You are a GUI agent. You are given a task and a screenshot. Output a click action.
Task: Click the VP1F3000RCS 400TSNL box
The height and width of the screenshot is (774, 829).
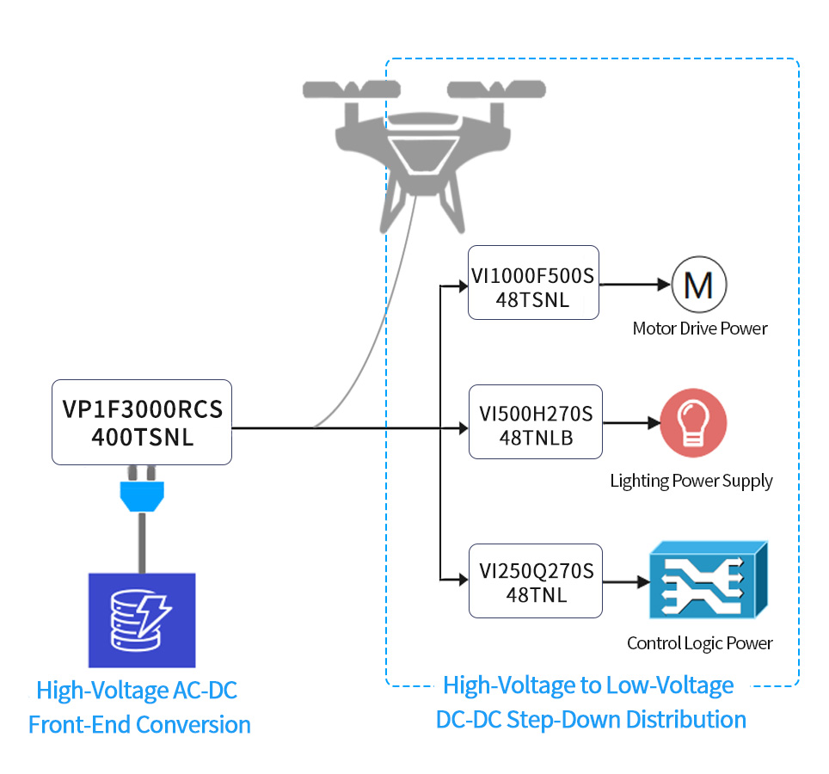(x=142, y=422)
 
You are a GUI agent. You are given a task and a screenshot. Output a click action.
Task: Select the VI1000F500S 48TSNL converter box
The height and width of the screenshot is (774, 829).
(x=533, y=282)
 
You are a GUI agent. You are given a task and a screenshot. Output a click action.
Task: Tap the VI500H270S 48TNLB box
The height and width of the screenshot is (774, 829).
(x=536, y=422)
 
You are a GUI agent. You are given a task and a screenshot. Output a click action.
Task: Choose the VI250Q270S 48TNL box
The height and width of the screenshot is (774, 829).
(x=536, y=580)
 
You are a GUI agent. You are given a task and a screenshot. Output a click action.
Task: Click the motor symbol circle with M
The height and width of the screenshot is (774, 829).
(x=699, y=285)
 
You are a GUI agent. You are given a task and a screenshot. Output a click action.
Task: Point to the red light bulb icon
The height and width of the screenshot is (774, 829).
(x=693, y=423)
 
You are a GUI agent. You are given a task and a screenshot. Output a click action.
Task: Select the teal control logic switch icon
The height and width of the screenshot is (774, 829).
(x=709, y=580)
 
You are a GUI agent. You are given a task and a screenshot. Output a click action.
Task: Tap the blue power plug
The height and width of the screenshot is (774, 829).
(x=142, y=489)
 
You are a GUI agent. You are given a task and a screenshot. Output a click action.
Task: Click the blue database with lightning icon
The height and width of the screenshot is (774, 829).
(x=142, y=620)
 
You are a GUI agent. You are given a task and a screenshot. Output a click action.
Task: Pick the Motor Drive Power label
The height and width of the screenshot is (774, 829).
(x=700, y=329)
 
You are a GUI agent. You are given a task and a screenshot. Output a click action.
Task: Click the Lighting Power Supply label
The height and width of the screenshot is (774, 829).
(x=691, y=481)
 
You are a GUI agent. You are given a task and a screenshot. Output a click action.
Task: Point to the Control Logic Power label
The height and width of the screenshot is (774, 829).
(x=699, y=643)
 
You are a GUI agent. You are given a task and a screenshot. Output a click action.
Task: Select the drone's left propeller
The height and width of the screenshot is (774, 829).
(x=352, y=89)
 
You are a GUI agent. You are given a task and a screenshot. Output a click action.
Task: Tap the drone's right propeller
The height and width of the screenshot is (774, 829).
(x=496, y=89)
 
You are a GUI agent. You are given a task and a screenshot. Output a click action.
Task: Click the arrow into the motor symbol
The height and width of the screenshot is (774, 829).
(x=635, y=285)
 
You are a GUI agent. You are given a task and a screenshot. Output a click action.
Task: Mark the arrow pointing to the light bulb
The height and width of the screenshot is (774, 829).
(x=632, y=422)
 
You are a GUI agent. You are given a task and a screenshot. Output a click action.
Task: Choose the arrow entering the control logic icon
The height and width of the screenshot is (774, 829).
(x=627, y=582)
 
